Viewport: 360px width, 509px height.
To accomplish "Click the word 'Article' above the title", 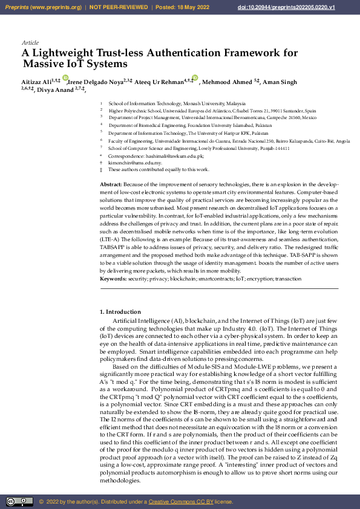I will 30,43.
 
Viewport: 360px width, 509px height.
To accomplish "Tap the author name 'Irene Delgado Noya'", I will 94,82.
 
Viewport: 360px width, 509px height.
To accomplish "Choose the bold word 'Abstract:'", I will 111,183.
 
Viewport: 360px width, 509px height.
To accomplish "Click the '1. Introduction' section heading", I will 120,311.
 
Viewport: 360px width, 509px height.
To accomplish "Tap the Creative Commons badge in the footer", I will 19,501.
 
